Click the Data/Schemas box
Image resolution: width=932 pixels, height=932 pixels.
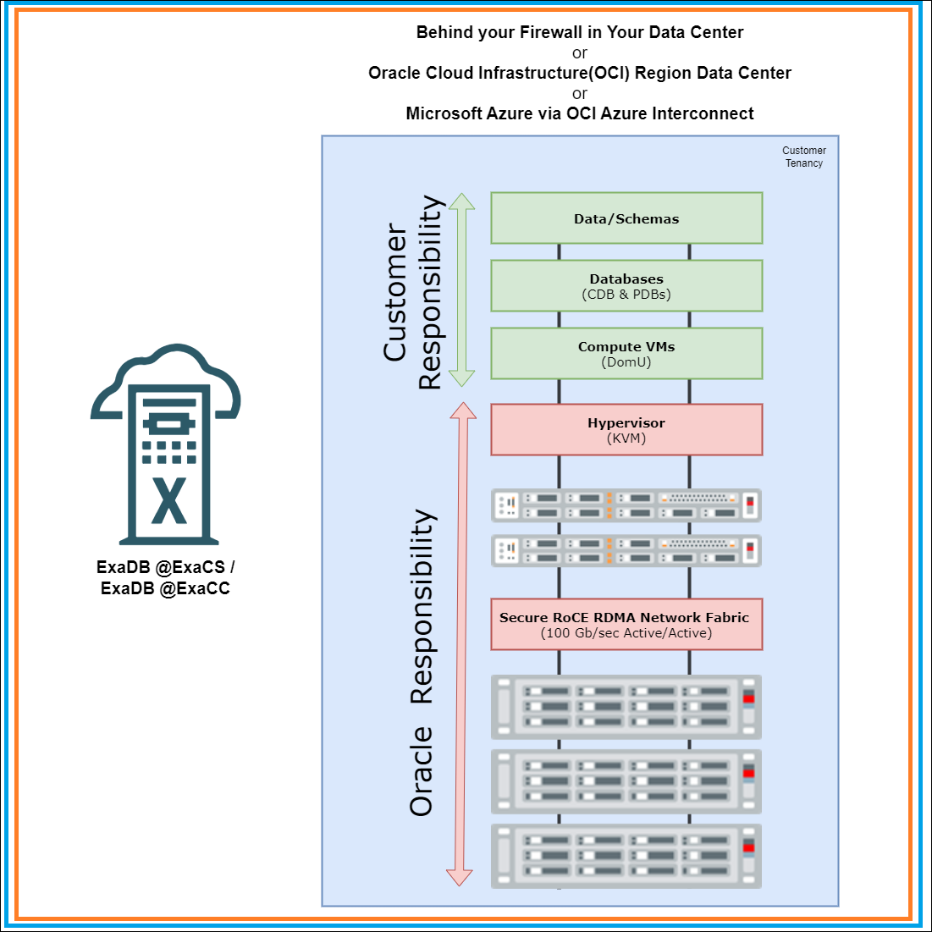[626, 218]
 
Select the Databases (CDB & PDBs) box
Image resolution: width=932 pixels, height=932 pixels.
[626, 286]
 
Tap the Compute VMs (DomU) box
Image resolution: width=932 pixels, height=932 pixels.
[626, 354]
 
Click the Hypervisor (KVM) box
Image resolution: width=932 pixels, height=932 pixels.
[626, 430]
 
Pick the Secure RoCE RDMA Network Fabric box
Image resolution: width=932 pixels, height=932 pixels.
[626, 625]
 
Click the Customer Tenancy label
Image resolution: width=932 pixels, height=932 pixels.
[803, 157]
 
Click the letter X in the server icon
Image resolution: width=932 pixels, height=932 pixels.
[168, 500]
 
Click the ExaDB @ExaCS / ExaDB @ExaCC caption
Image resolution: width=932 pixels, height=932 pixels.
[166, 577]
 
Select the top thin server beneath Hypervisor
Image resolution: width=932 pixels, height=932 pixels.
[626, 505]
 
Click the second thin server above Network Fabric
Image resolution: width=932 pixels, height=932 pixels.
[626, 551]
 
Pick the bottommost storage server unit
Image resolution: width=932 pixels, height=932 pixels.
[626, 856]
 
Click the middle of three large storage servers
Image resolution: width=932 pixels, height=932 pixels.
[626, 781]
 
